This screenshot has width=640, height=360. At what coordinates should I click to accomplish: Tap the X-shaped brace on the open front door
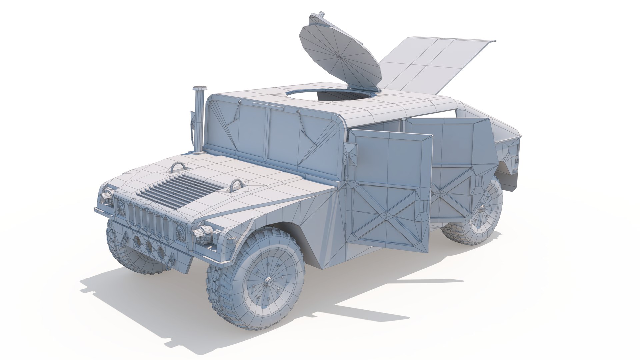387,213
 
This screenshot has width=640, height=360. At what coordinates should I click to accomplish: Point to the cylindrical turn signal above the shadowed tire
107,195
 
